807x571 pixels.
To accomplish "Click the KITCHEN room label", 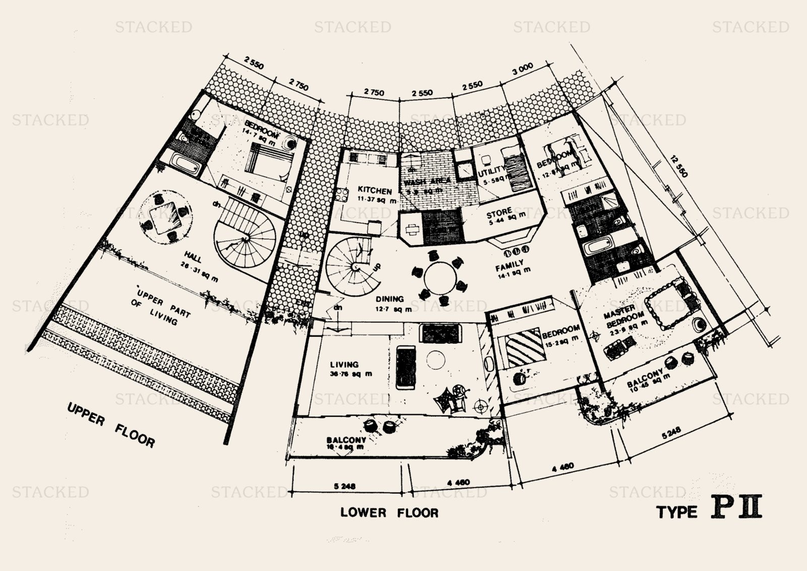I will pyautogui.click(x=374, y=190).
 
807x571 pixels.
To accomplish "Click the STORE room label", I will pyautogui.click(x=499, y=213).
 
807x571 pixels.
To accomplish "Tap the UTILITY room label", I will pyautogui.click(x=491, y=170).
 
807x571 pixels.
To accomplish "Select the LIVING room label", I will pyautogui.click(x=344, y=365).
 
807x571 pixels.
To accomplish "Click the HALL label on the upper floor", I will pyautogui.click(x=193, y=258).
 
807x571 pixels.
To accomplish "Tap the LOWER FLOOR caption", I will pyautogui.click(x=389, y=513).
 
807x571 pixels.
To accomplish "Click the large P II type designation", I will pyautogui.click(x=736, y=509).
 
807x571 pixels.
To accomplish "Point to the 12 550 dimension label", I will pyautogui.click(x=678, y=165).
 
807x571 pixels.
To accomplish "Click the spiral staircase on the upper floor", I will pyautogui.click(x=245, y=238).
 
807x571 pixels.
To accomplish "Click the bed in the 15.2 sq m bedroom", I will pyautogui.click(x=523, y=347).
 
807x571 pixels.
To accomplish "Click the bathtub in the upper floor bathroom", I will pyautogui.click(x=186, y=163).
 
